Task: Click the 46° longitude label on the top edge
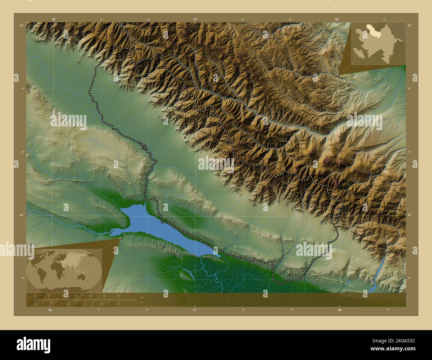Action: pyautogui.click(x=54, y=19)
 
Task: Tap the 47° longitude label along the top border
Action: pyautogui.click(x=195, y=19)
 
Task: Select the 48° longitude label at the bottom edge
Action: pyautogui.click(x=339, y=310)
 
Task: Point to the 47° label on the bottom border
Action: pyautogui.click(x=195, y=310)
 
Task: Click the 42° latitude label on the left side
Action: pyautogui.click(x=22, y=25)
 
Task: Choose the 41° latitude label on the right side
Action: pyautogui.click(x=409, y=215)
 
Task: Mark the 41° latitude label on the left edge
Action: pyautogui.click(x=22, y=215)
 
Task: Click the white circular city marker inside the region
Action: pyautogui.click(x=185, y=137)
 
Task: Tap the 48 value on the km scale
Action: pyautogui.click(x=118, y=296)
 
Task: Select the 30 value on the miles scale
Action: pyautogui.click(x=119, y=304)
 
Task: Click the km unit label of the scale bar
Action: pyautogui.click(x=142, y=297)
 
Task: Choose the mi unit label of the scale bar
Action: pyautogui.click(x=142, y=303)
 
